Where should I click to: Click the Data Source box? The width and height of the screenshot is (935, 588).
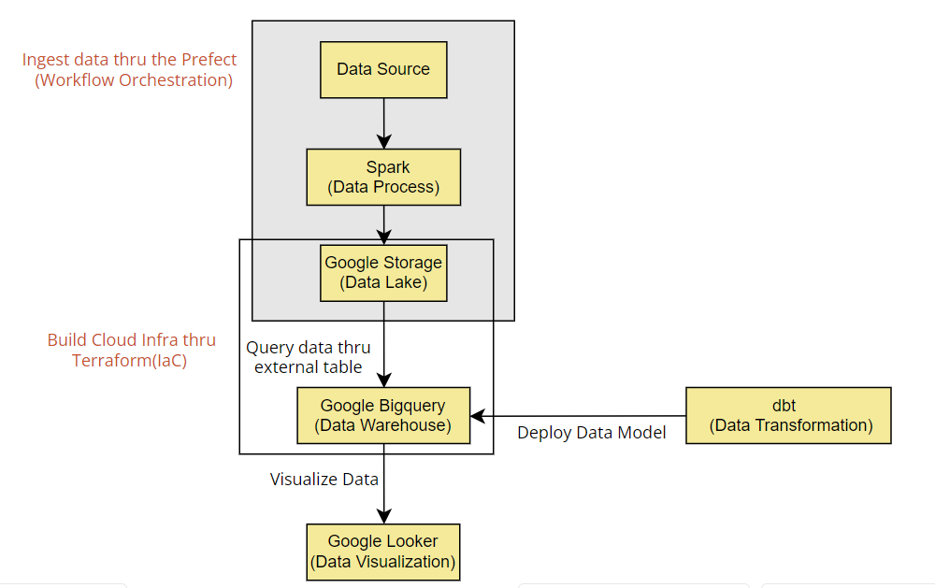tap(383, 69)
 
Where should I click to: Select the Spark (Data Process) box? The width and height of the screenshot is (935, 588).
tap(383, 177)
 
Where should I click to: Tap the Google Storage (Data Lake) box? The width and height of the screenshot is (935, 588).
tap(383, 273)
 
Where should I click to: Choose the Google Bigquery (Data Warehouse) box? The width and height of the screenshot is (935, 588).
tap(383, 415)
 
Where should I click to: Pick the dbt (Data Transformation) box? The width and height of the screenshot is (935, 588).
tap(789, 415)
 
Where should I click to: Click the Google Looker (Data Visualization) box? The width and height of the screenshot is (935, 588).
tap(383, 552)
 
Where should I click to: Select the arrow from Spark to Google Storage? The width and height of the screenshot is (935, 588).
tap(383, 224)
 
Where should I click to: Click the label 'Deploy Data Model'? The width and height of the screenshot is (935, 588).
tap(592, 433)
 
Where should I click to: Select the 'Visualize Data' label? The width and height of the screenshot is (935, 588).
tap(324, 480)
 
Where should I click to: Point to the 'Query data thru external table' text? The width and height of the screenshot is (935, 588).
tap(309, 357)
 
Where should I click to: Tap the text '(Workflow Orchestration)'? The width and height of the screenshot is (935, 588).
tap(134, 80)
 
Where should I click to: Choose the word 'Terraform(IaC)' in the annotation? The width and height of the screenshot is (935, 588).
tap(129, 361)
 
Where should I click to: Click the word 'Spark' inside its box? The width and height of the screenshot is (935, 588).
tap(388, 167)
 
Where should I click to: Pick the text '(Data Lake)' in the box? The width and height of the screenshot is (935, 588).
tap(383, 282)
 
